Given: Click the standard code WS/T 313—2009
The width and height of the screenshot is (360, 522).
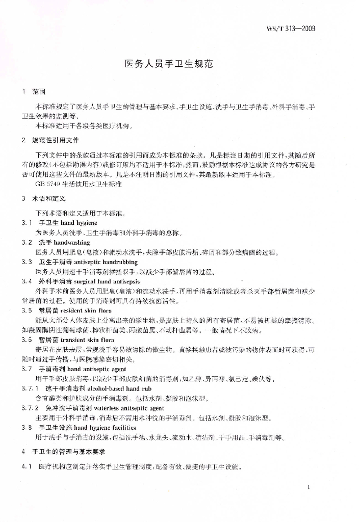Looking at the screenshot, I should [291, 29].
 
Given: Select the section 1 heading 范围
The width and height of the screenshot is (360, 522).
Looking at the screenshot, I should [39, 92].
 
